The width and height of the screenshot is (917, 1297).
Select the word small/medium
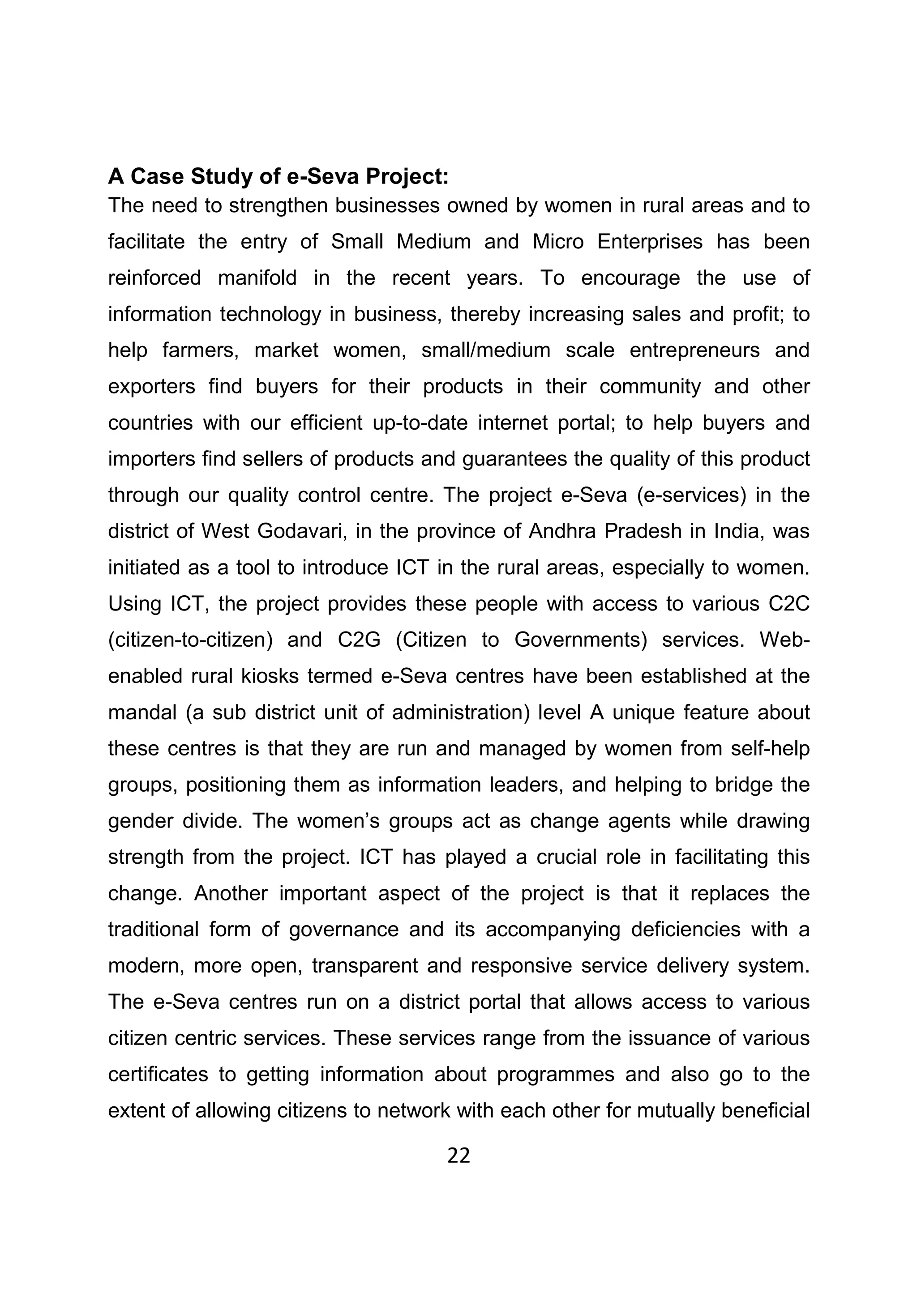[486, 350]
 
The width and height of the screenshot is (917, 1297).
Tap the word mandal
[142, 712]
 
